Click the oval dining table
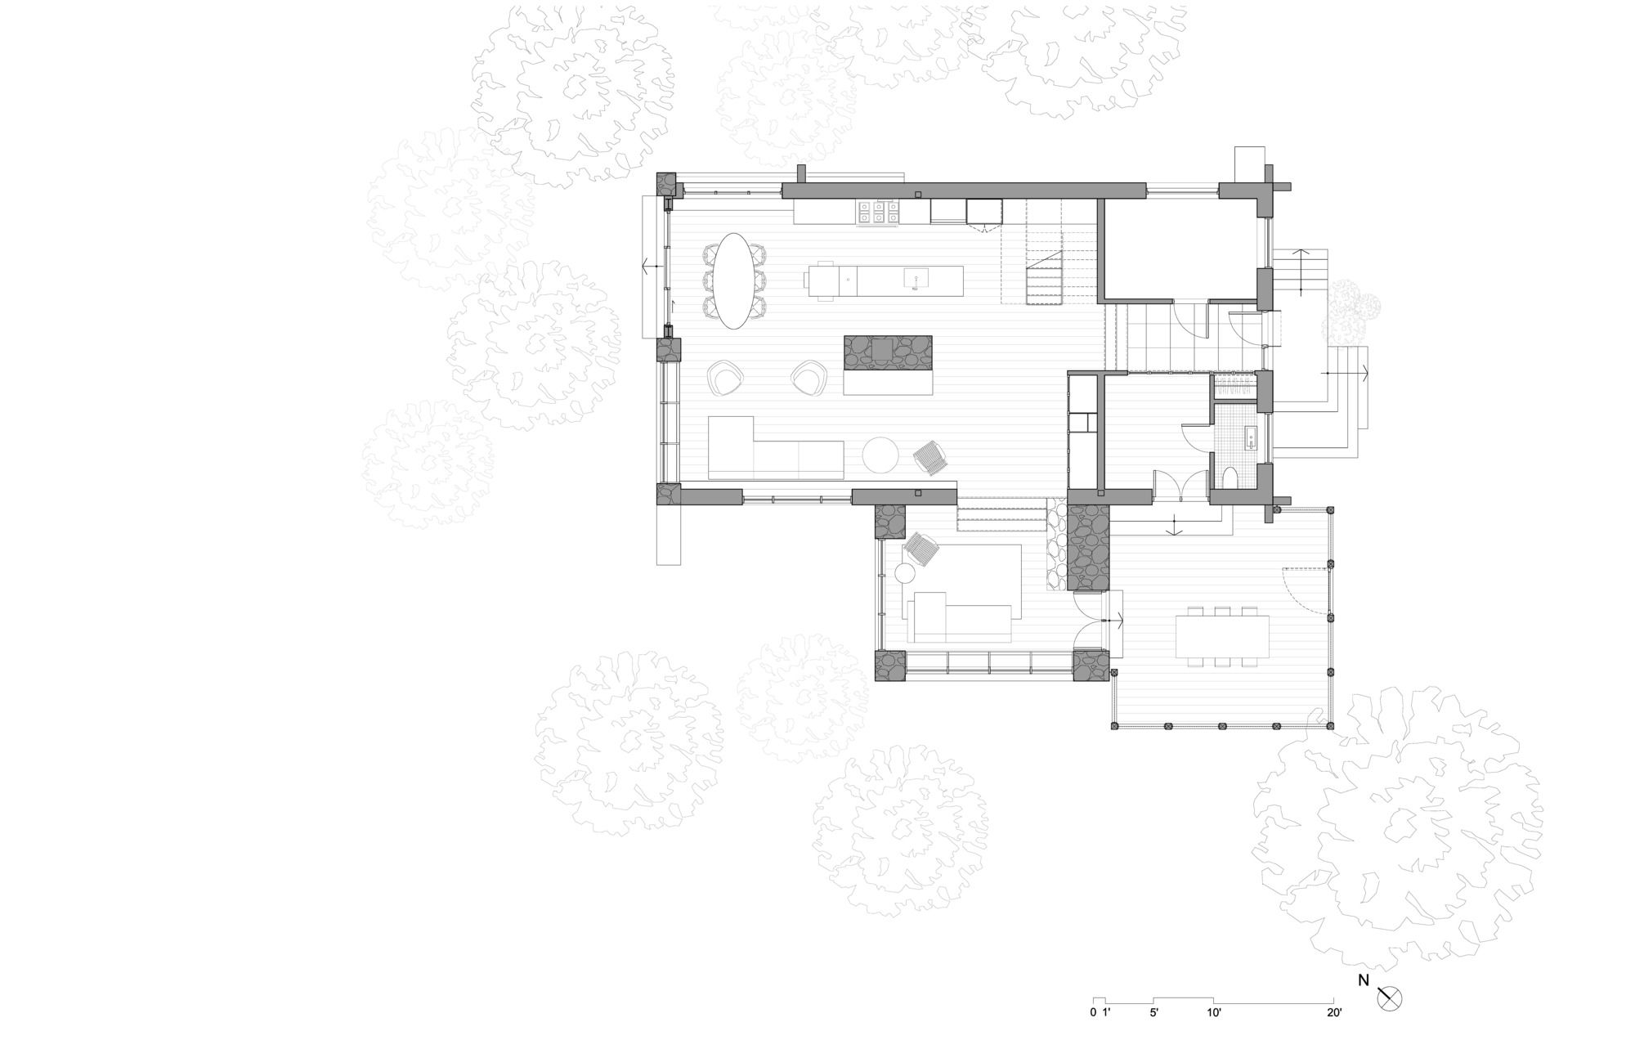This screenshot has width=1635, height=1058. (732, 280)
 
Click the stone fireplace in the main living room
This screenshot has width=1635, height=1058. (887, 352)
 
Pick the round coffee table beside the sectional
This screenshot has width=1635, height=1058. (880, 455)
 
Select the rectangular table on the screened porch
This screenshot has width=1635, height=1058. (1222, 637)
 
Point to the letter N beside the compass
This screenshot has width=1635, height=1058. (1363, 980)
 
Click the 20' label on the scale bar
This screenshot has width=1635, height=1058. (1334, 1013)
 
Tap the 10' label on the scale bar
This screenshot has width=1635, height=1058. (1213, 1013)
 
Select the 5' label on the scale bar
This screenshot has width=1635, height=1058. (1153, 1013)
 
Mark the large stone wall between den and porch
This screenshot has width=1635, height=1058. (1088, 547)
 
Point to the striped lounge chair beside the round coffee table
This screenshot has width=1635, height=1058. (931, 458)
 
